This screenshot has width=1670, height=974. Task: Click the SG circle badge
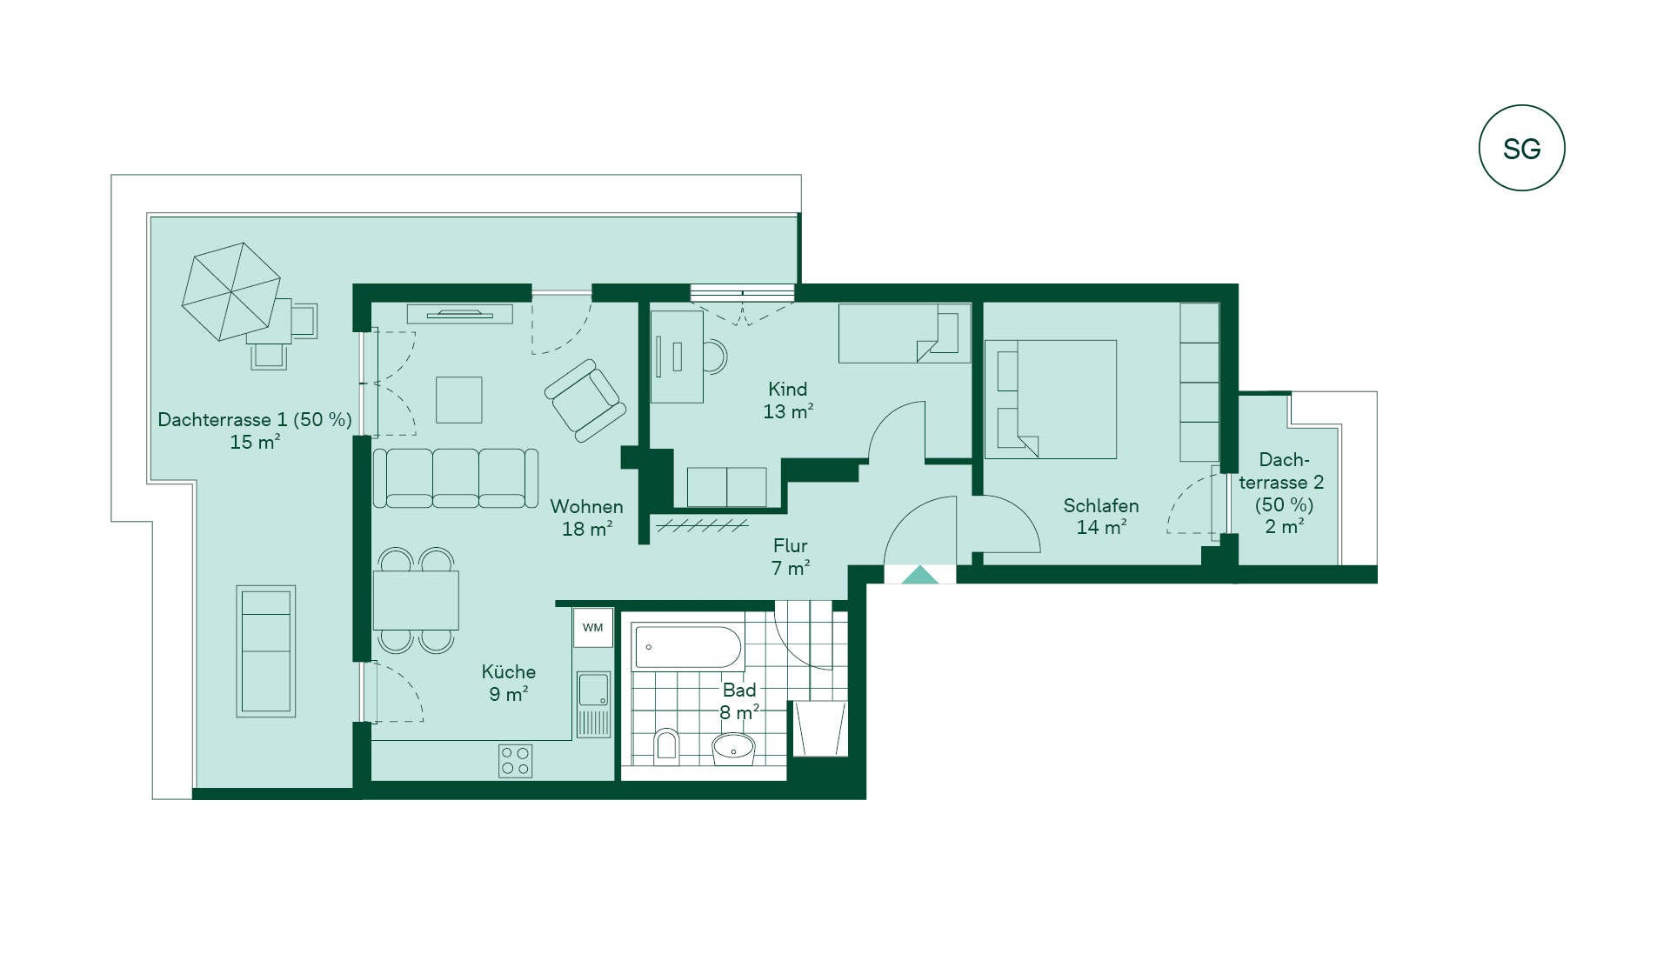coord(1521,148)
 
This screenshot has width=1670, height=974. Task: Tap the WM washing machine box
coord(593,627)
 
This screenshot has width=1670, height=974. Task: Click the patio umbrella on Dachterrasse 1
coord(231,291)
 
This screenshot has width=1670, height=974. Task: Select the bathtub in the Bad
coord(687,647)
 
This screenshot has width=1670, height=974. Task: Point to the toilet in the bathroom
coord(666,745)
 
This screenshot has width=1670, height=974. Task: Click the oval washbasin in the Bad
coord(734,748)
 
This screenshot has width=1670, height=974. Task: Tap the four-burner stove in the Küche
coord(515,761)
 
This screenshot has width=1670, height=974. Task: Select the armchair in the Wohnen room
coord(584,400)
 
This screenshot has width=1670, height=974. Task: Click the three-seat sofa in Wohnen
coord(456,477)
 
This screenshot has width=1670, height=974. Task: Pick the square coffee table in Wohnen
coord(458,399)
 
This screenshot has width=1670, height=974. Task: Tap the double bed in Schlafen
coord(1051,399)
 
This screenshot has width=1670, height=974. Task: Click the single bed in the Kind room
coord(905,333)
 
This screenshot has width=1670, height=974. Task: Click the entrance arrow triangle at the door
coord(919,575)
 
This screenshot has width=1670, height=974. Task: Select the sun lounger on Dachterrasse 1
coord(266,651)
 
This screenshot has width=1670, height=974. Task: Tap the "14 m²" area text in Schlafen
coord(1101,527)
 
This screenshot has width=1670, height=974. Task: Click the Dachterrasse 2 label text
coord(1282,482)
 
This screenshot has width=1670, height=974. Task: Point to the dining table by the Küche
coord(416,599)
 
